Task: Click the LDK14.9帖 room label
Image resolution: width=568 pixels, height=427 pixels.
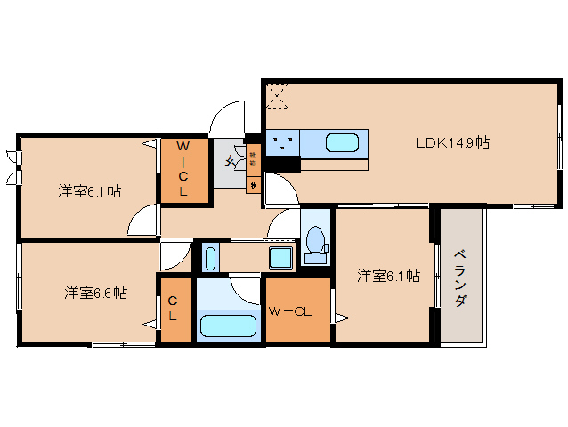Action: pos(452,142)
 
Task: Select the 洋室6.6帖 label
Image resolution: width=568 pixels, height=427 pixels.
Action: pos(94,292)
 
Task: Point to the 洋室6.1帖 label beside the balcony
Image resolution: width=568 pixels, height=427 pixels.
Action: pos(388,276)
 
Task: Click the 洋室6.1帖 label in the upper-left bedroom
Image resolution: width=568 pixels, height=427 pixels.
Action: pos(90,190)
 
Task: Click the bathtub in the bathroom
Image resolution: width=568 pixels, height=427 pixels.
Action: pos(228,325)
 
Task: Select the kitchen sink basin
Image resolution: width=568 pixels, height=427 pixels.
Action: pos(344,142)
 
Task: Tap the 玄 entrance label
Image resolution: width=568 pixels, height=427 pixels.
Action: pos(231,161)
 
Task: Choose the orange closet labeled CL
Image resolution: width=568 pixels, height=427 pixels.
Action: pos(174,308)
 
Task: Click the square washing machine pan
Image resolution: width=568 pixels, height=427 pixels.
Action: pos(281,259)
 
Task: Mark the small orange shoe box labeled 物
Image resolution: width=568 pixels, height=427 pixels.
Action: pos(253,184)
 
